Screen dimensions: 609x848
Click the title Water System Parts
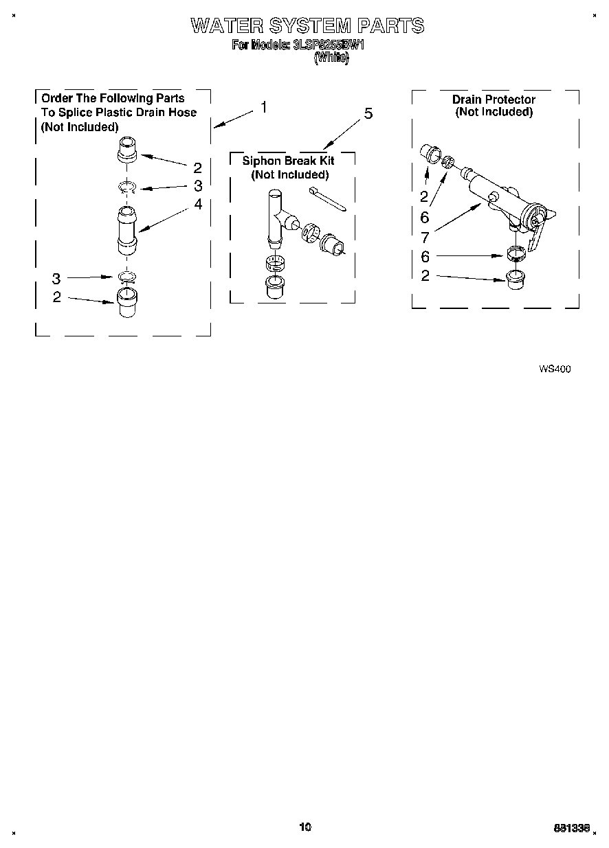point(307,26)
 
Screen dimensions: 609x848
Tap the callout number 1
point(263,108)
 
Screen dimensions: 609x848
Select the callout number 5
point(368,114)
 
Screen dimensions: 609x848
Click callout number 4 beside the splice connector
point(198,204)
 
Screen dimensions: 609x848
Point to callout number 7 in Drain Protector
point(425,238)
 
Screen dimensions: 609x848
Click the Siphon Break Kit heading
point(289,161)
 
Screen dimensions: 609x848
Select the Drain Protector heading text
point(494,100)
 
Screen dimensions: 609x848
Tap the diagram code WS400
point(555,369)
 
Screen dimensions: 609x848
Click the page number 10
point(305,827)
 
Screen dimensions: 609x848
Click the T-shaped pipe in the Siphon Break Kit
point(279,216)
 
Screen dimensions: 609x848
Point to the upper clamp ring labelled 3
point(128,186)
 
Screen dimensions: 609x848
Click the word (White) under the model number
point(331,58)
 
